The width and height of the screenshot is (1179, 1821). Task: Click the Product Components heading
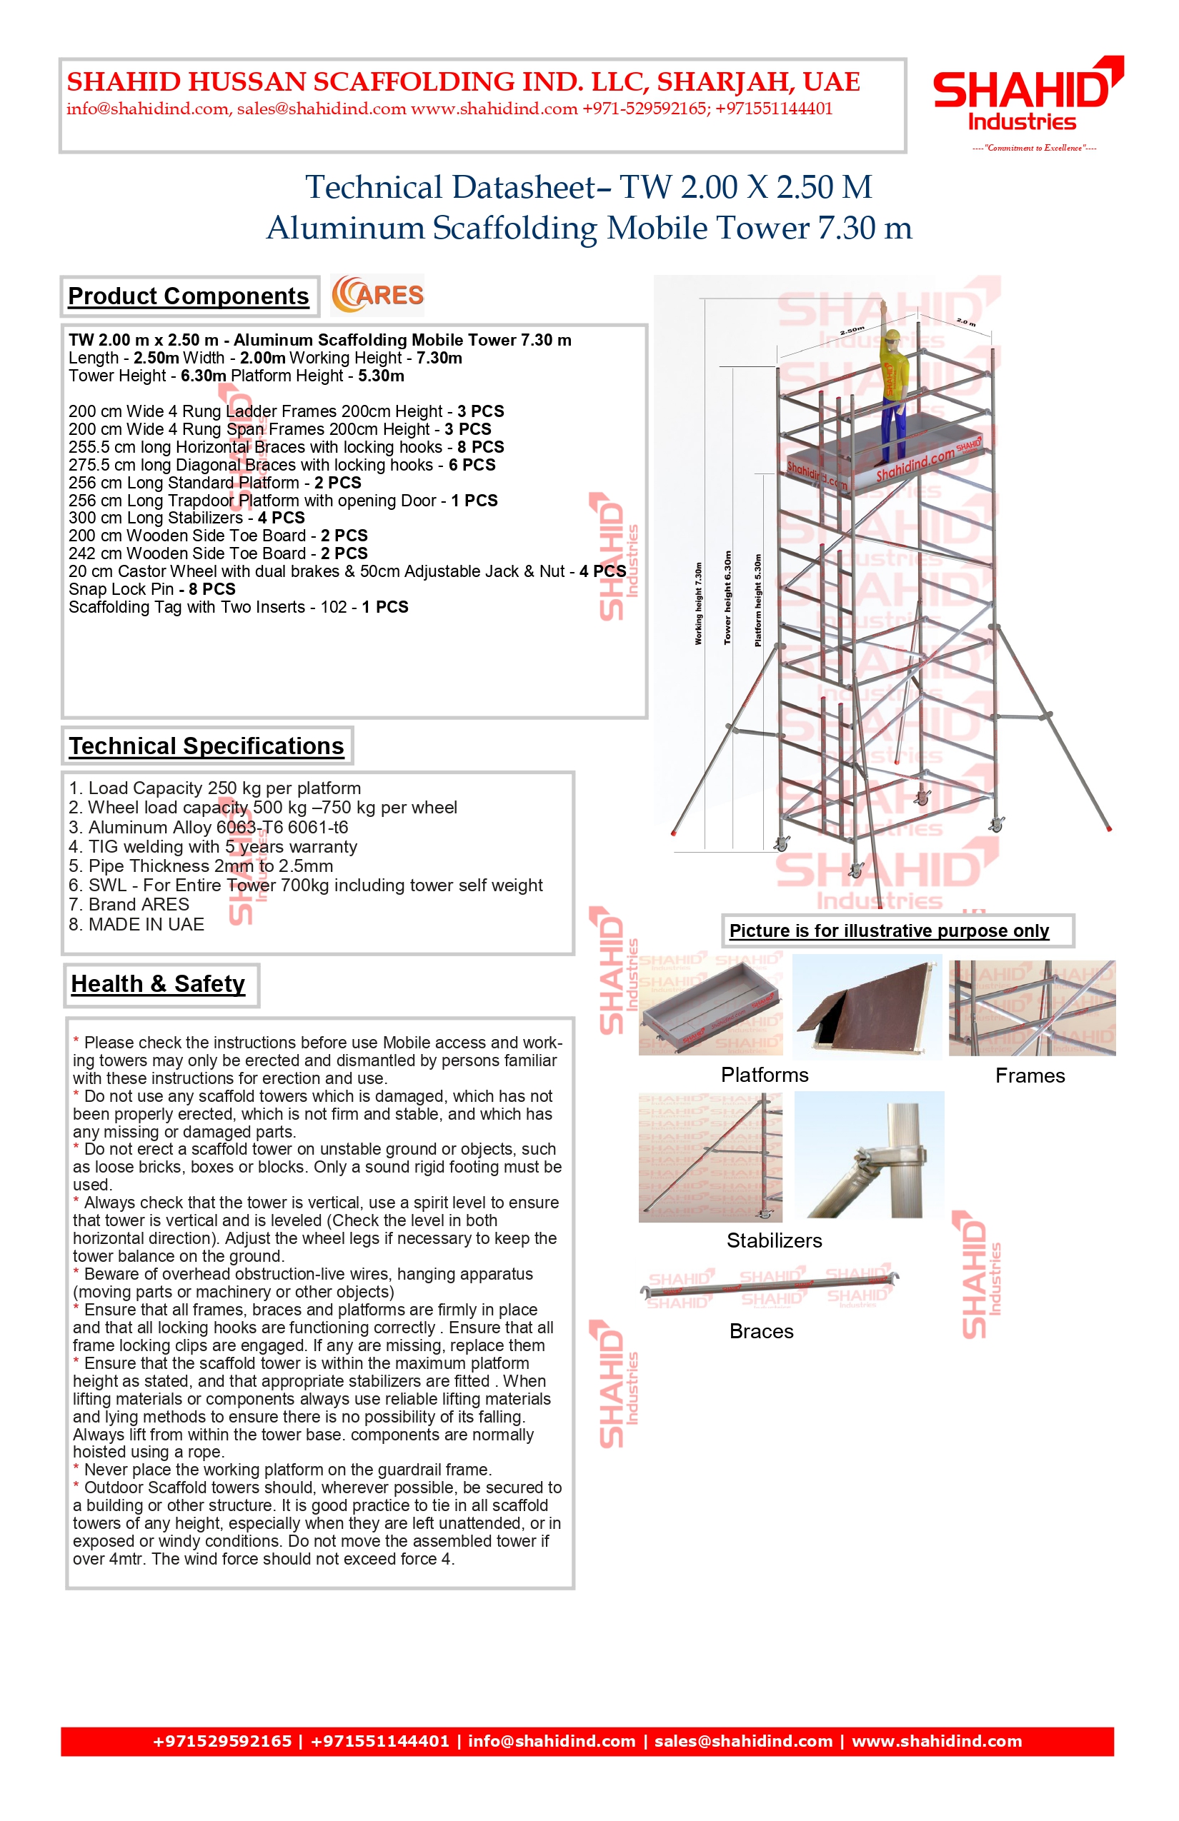[x=189, y=296]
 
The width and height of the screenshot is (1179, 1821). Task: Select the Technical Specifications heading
[x=207, y=746]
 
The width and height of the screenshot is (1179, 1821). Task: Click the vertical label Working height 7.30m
[x=698, y=603]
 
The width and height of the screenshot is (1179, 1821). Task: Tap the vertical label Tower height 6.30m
[x=728, y=598]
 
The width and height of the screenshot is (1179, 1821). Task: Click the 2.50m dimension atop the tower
[x=852, y=331]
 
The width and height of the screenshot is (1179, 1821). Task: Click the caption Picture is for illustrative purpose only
[x=889, y=931]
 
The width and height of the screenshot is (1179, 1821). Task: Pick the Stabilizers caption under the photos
[x=774, y=1240]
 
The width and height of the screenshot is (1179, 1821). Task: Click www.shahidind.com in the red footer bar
[x=936, y=1742]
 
